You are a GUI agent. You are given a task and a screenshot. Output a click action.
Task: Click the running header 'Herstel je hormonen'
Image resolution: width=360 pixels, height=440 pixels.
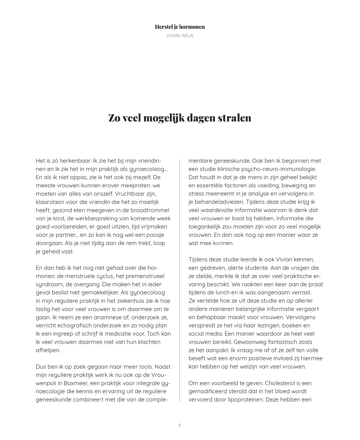tap(180, 27)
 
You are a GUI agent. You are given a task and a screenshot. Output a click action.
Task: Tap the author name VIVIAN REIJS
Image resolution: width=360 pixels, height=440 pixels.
tap(180, 36)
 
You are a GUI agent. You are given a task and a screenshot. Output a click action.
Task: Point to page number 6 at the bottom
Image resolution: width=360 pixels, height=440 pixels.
tap(180, 425)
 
